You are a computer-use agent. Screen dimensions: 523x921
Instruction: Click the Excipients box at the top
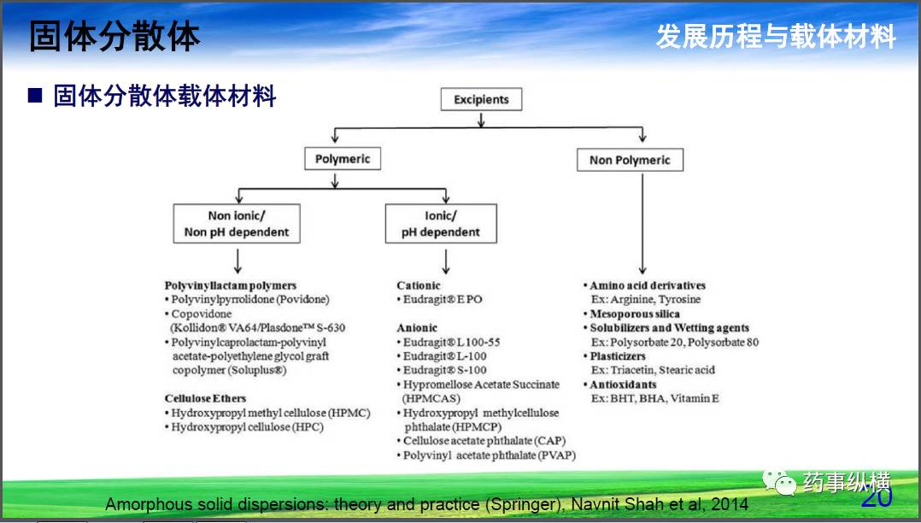tap(481, 99)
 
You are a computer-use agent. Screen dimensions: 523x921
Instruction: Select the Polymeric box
tap(343, 159)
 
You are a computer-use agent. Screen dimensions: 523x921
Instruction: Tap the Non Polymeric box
tap(630, 160)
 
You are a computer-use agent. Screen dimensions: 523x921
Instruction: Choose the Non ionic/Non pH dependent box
tap(237, 224)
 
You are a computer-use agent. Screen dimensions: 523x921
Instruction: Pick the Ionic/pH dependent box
tap(441, 224)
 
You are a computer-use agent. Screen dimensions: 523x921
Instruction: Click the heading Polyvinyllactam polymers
tap(231, 285)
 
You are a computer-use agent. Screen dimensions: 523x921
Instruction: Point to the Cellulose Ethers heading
tap(205, 398)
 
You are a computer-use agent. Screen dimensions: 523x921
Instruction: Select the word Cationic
tap(419, 285)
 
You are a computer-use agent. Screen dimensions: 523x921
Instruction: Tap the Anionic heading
tap(417, 327)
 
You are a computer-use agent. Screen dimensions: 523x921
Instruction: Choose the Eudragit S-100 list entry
tap(444, 370)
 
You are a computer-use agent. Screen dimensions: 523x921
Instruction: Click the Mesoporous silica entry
tap(635, 314)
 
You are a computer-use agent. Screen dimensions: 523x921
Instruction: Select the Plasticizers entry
tap(618, 356)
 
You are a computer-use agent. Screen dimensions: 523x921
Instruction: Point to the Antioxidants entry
tap(624, 385)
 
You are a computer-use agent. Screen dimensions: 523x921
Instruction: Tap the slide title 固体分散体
tap(114, 37)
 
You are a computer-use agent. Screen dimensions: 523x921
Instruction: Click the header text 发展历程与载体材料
tap(776, 37)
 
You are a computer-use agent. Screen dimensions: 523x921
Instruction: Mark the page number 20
tap(877, 497)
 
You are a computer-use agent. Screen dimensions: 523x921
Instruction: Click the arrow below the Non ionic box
tap(238, 260)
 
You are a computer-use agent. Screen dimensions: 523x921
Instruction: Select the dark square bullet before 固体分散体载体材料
tap(35, 96)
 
